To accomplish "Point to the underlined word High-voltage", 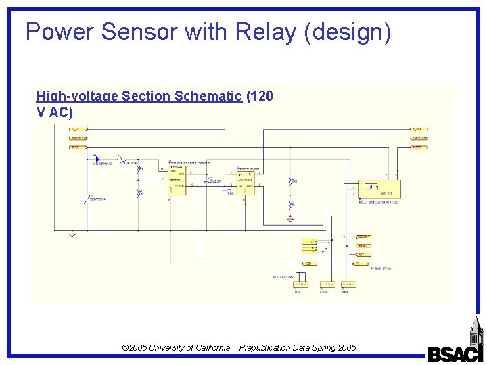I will pyautogui.click(x=76, y=96).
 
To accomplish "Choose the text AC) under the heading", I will pyautogui.click(x=61, y=112).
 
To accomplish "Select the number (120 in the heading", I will pyautogui.click(x=260, y=96).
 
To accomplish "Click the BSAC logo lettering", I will pyautogui.click(x=455, y=354).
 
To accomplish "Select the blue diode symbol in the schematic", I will pyautogui.click(x=98, y=160).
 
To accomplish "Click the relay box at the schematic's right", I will pyautogui.click(x=379, y=189).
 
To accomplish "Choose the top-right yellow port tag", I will pyautogui.click(x=419, y=128).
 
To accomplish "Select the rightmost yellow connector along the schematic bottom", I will pyautogui.click(x=348, y=285).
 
